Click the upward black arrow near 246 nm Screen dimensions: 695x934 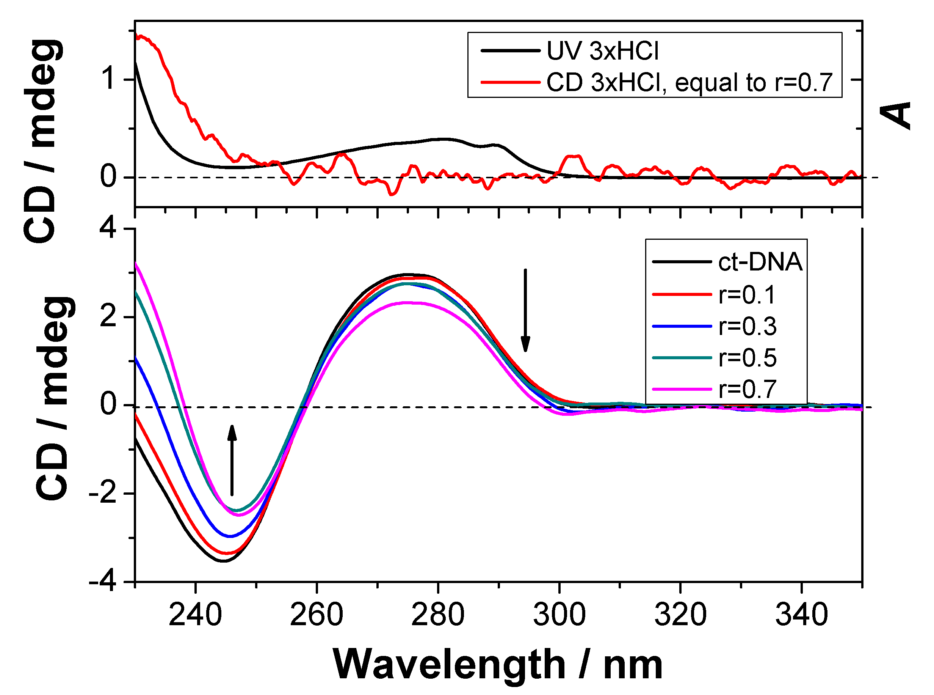tap(232, 460)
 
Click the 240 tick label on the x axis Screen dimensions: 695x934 tap(195, 615)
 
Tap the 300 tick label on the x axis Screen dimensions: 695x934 tap(559, 615)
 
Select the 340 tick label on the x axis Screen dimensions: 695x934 tap(802, 615)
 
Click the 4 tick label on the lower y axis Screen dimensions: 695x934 tap(108, 229)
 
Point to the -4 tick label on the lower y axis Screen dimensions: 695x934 tap(103, 582)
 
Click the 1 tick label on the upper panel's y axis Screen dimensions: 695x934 tap(109, 79)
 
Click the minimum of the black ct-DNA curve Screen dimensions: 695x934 tap(224, 561)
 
